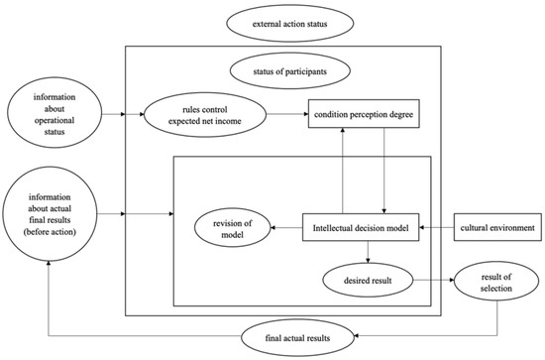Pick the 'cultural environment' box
[495, 227]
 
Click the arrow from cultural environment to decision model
[437, 227]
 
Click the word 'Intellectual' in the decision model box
[332, 227]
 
